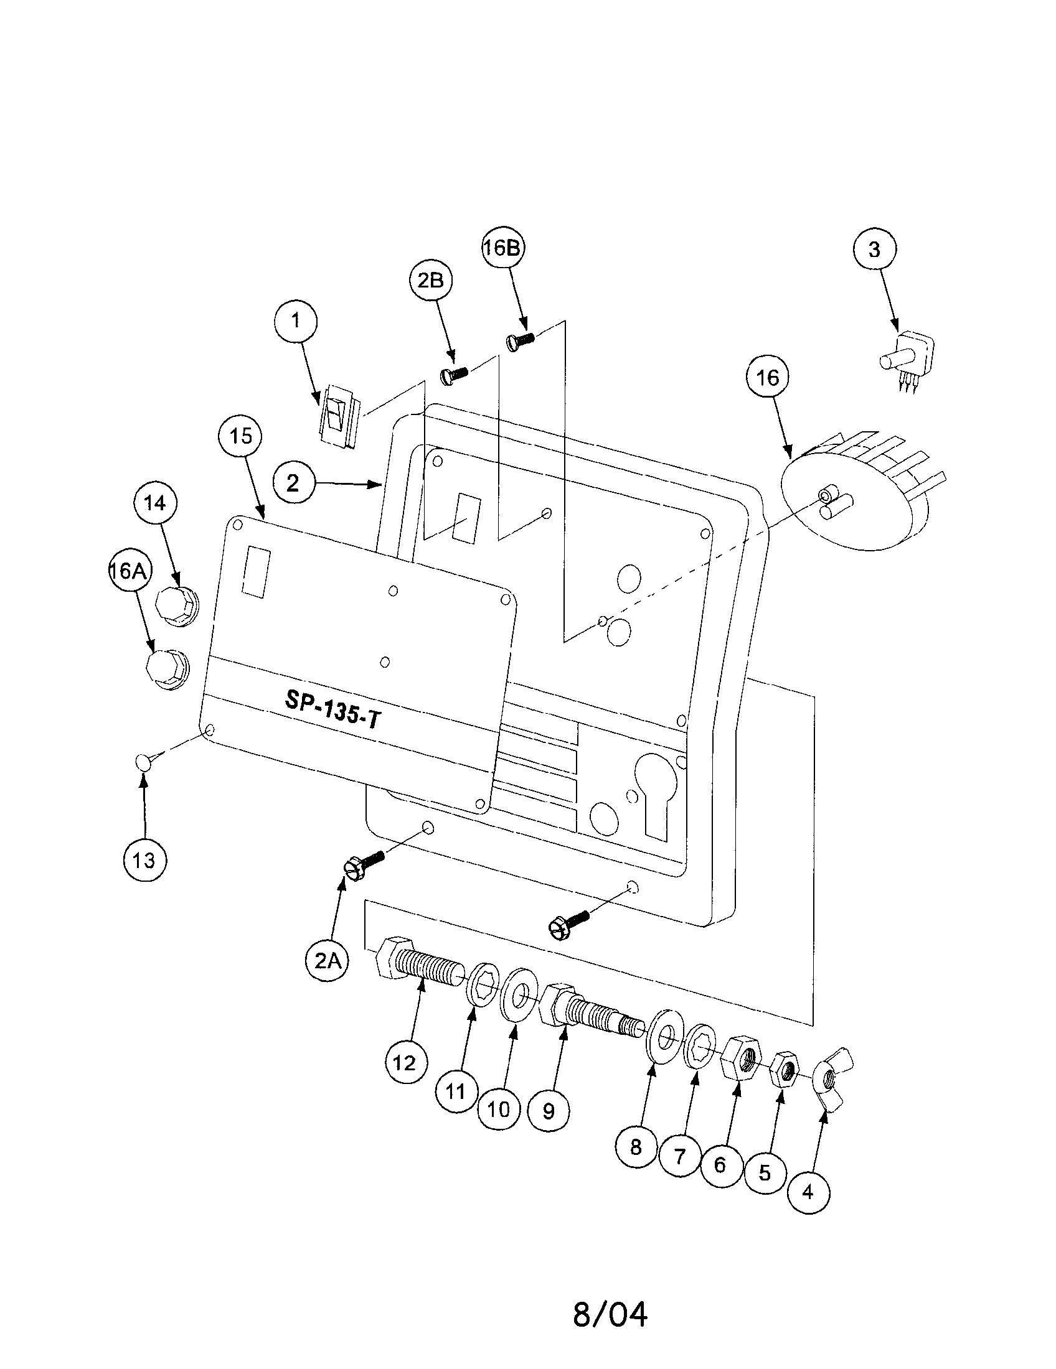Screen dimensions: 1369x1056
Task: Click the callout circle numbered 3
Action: pos(874,250)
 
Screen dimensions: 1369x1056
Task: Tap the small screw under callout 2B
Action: pos(453,374)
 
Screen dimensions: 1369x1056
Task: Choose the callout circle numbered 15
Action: pos(241,436)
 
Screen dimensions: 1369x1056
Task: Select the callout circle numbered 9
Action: pos(548,1111)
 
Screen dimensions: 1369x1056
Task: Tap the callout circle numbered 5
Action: pos(765,1172)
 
